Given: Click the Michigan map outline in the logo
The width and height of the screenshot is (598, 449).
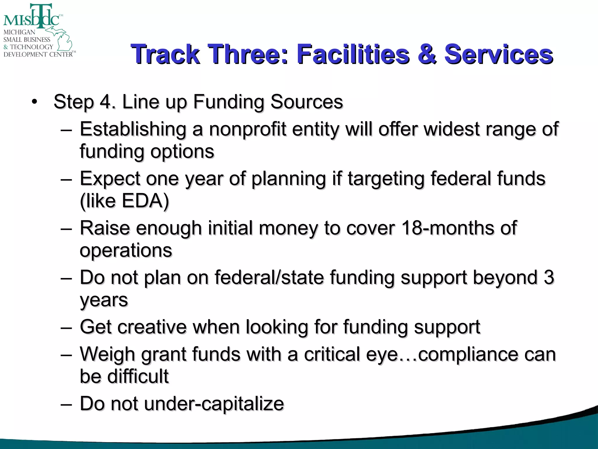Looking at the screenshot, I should pyautogui.click(x=62, y=39).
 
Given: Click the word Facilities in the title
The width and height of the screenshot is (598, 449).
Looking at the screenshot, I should pyautogui.click(x=353, y=54).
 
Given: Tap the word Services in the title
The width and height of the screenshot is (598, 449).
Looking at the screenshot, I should pyautogui.click(x=498, y=54).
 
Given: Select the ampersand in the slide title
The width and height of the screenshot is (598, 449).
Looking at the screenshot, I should pyautogui.click(x=427, y=54).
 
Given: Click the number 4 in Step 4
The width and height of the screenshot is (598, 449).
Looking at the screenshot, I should pyautogui.click(x=106, y=102).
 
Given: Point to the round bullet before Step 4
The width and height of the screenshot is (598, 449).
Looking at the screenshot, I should pyautogui.click(x=35, y=102).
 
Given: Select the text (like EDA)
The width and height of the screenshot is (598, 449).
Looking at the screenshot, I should pyautogui.click(x=124, y=201).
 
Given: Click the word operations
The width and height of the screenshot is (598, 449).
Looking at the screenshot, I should pyautogui.click(x=126, y=251).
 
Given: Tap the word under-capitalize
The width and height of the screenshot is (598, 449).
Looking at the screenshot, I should pyautogui.click(x=214, y=404).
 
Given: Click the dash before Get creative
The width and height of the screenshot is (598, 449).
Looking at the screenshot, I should pyautogui.click(x=66, y=327).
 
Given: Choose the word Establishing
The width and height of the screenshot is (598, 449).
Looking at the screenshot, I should pyautogui.click(x=133, y=129).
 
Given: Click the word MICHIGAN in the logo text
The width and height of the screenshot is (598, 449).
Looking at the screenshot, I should pyautogui.click(x=19, y=32).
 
